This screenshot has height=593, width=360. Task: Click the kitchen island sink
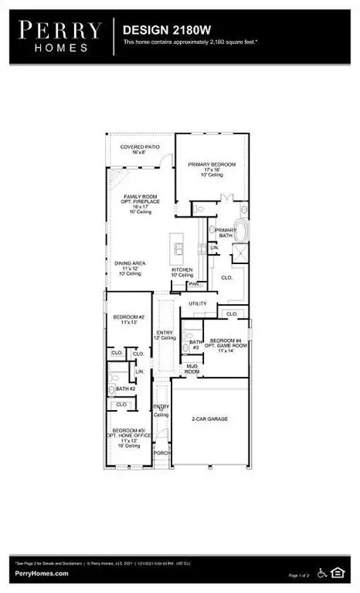(179, 248)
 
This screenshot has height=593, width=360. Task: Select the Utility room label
(197, 303)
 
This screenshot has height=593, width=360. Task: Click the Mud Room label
(193, 369)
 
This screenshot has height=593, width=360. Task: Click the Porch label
(161, 452)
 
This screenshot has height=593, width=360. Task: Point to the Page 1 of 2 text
(304, 575)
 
